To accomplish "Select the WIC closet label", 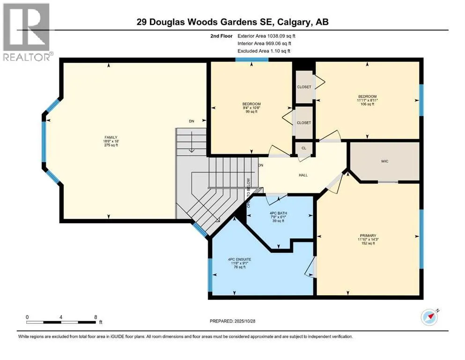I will point(385,161).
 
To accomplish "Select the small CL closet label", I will point(303,148).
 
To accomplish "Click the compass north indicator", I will point(429,317).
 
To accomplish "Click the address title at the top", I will point(233,22).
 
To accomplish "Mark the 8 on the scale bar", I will point(96,317).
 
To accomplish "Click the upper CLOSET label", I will point(304,87).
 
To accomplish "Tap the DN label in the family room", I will point(191,121).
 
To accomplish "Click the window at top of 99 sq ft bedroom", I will point(251,60).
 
